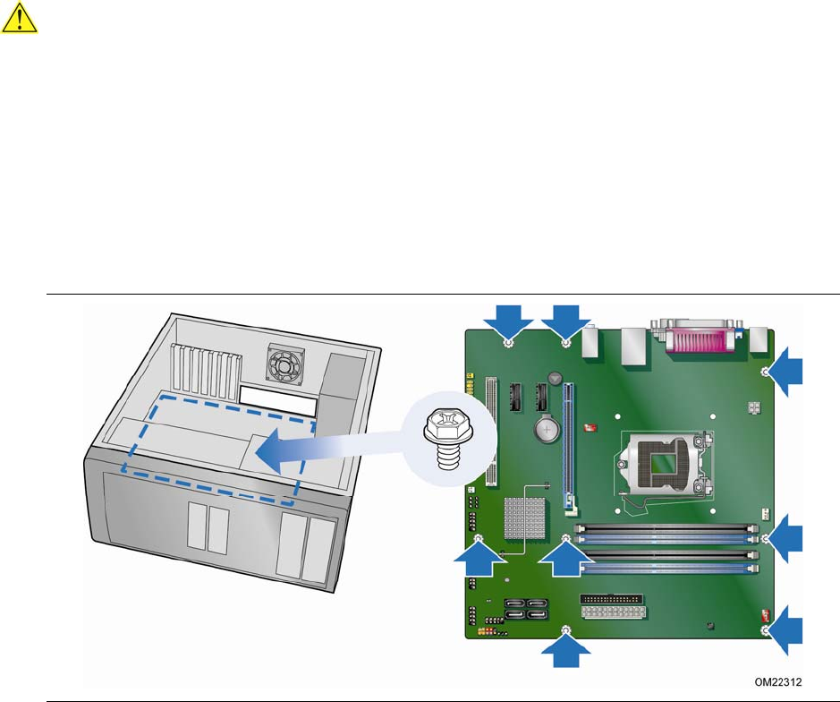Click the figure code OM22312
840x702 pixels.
coord(778,682)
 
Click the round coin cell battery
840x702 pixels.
coord(547,429)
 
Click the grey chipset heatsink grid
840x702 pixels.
coord(525,518)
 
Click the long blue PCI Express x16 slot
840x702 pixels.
coord(568,446)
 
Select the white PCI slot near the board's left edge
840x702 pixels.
coord(491,432)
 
